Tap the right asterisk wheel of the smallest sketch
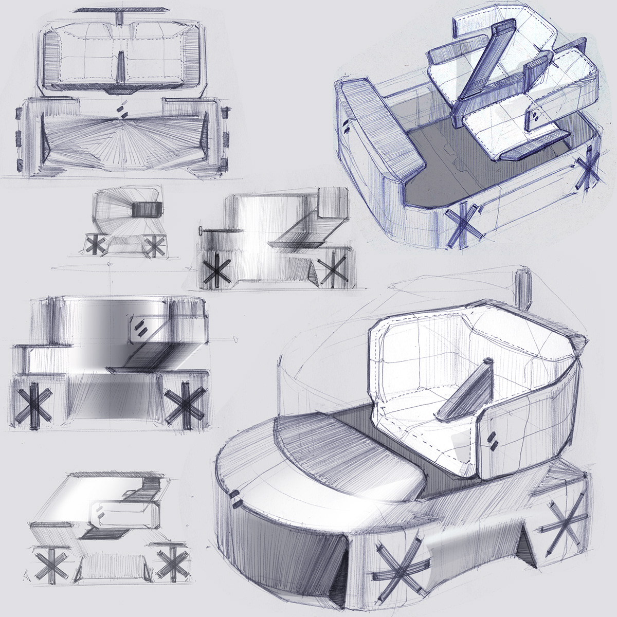point(152,246)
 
